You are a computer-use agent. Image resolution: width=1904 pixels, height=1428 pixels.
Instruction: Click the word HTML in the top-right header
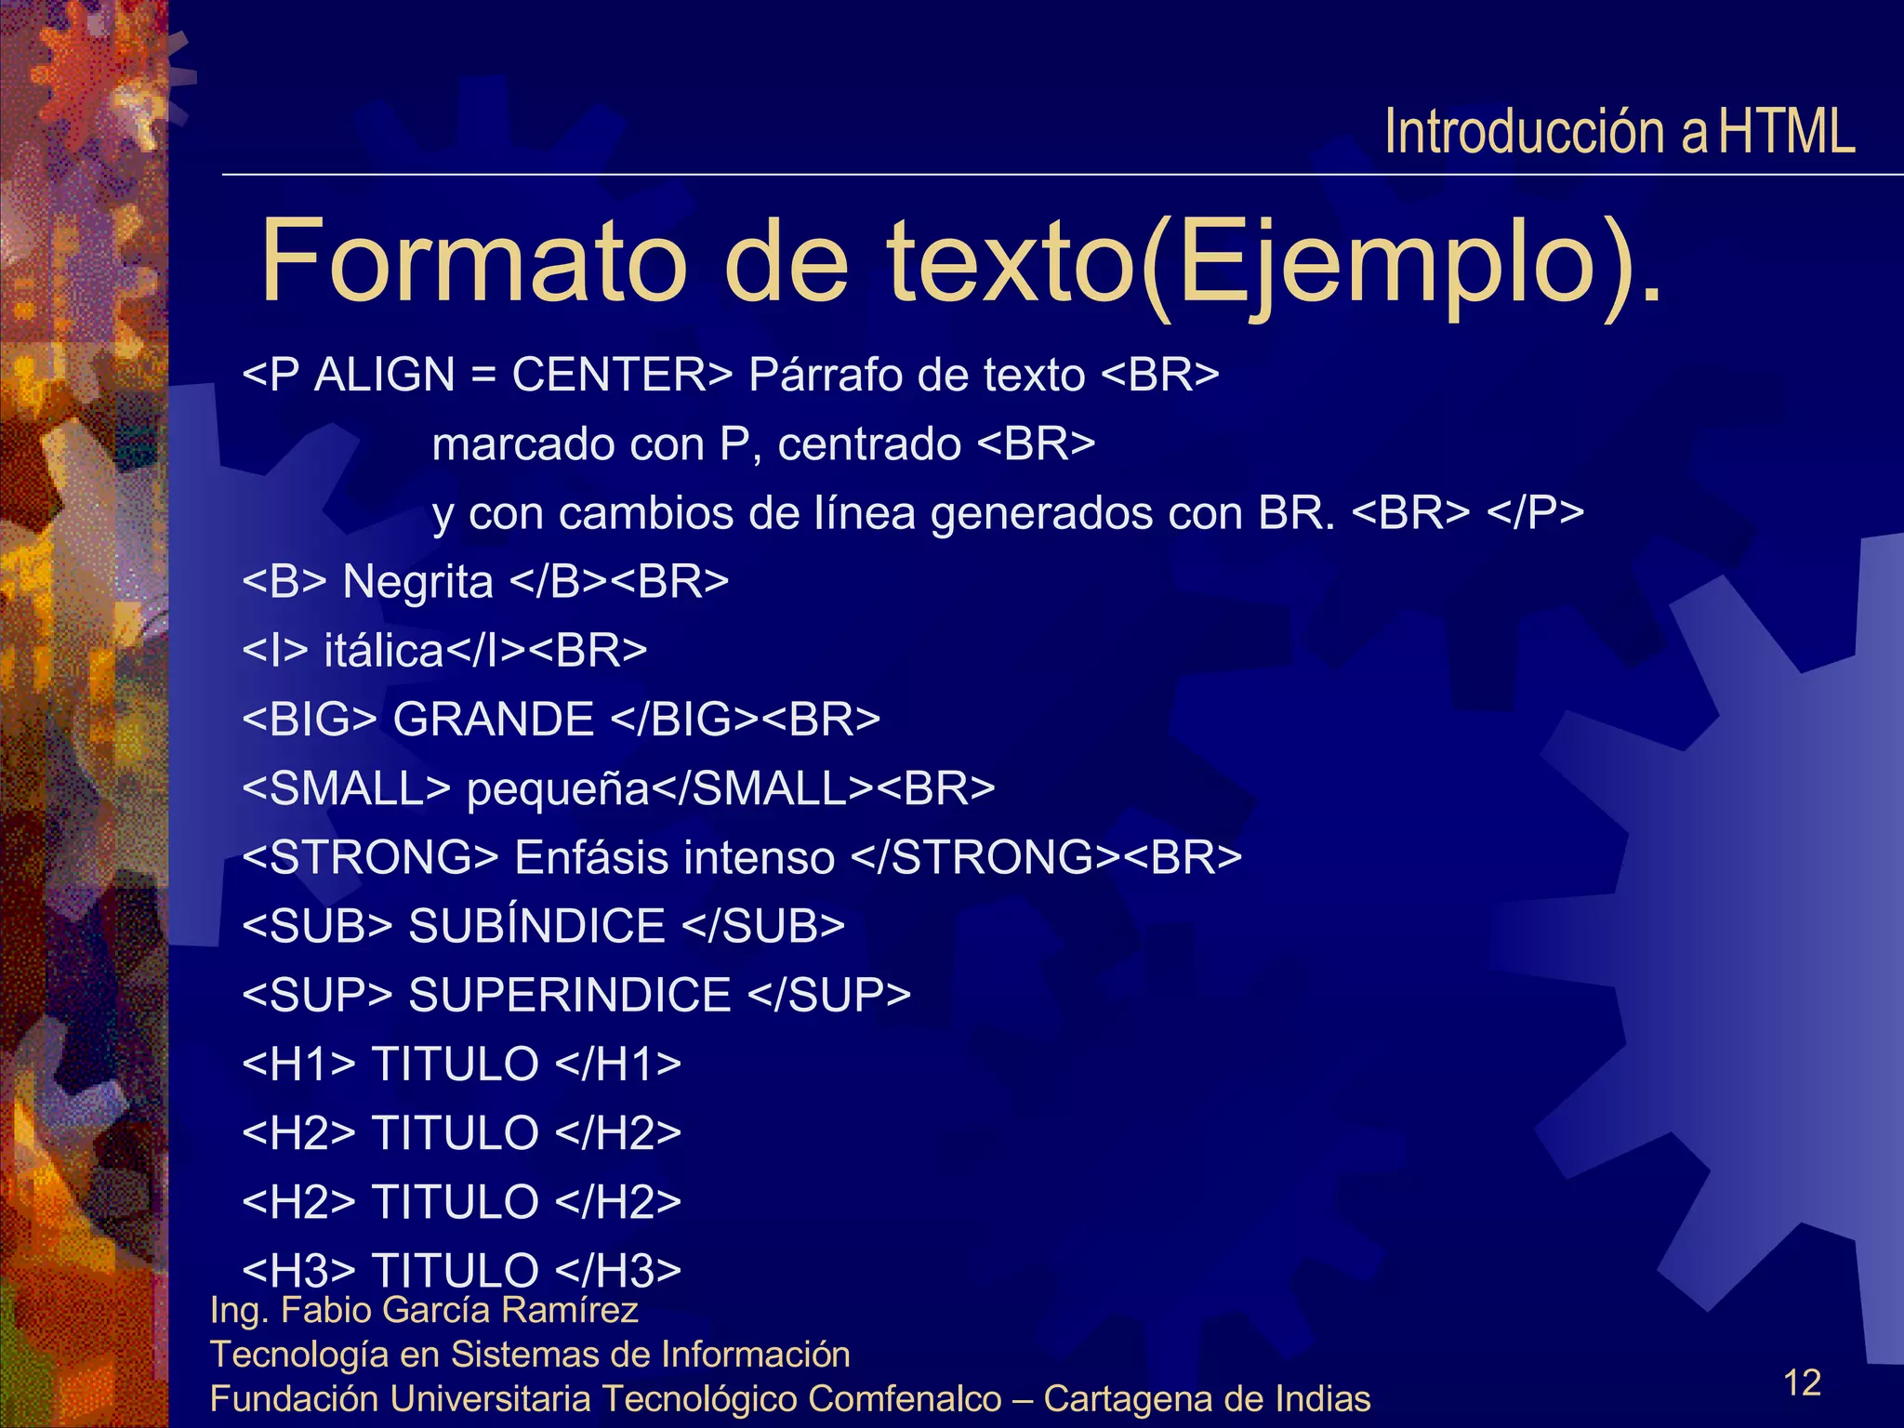[1786, 132]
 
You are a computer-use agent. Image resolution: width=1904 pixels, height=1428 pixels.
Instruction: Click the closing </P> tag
[1535, 513]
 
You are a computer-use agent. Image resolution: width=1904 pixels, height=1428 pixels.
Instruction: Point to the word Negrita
[417, 583]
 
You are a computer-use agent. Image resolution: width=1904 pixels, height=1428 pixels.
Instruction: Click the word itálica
[383, 651]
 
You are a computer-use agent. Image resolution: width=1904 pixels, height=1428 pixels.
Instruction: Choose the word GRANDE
[493, 720]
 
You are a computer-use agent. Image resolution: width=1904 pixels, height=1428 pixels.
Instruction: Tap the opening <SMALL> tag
[346, 788]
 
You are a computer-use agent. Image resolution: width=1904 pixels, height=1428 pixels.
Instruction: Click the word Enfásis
[590, 857]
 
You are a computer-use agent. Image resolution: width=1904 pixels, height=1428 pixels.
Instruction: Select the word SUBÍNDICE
[536, 926]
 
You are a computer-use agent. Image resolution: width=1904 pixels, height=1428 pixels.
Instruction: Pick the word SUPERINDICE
[570, 995]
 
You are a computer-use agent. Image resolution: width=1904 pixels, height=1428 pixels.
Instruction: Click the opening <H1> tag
[298, 1064]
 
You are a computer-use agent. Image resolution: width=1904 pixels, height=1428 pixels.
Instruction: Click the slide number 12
[1802, 1382]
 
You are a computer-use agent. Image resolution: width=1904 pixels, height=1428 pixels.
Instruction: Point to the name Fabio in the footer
[325, 1310]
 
